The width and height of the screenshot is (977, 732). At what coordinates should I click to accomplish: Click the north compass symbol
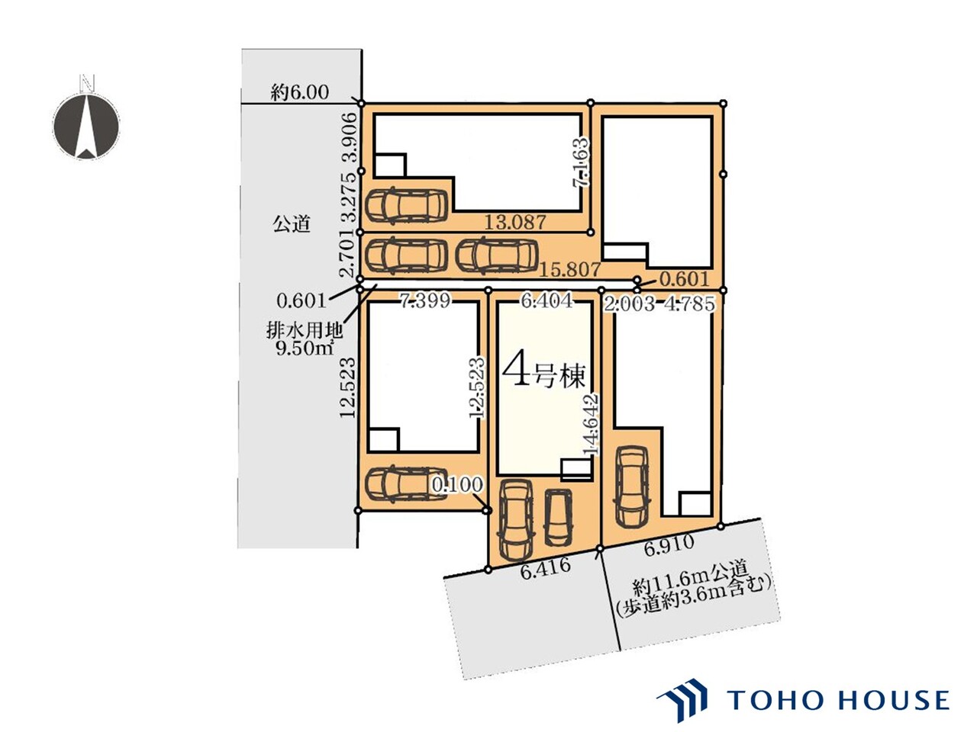86,120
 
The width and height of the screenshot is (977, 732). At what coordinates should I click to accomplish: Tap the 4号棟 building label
543,375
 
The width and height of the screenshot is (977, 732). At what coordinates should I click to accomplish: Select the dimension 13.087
514,223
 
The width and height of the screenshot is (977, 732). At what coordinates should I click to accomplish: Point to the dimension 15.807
569,269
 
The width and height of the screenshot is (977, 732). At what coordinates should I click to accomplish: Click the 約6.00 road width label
299,92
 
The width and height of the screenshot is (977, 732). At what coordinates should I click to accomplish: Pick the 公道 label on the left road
292,223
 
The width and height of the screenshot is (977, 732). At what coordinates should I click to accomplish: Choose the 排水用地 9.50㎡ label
305,339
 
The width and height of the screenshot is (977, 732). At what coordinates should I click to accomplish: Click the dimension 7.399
425,301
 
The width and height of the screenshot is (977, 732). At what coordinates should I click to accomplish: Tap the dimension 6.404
547,301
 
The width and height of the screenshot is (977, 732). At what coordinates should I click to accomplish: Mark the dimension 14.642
592,425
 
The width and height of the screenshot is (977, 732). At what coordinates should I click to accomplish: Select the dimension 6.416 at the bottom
545,569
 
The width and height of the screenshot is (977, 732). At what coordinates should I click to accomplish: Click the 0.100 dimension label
457,484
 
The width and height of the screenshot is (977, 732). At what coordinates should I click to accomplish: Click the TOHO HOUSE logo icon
682,701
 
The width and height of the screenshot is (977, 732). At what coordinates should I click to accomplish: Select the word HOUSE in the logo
895,701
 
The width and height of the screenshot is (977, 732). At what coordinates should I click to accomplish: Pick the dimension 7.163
580,162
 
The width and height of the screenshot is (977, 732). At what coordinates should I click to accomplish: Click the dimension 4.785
689,304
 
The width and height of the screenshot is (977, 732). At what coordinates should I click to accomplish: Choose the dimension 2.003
629,304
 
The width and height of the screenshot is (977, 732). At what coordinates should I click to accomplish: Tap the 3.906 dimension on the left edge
350,137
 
